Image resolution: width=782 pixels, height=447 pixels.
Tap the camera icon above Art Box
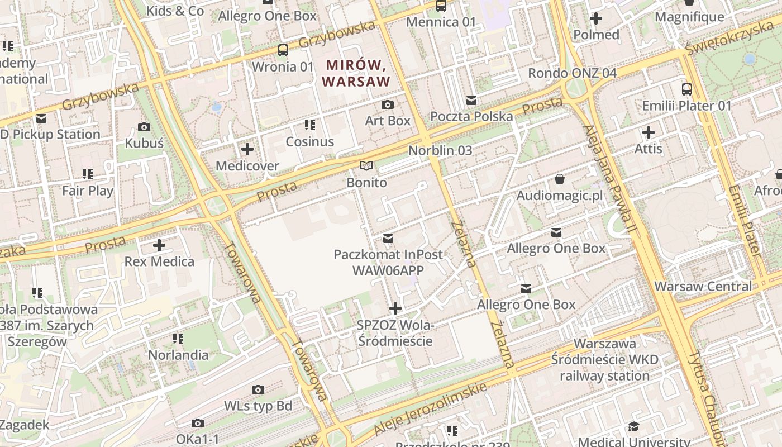pos(387,104)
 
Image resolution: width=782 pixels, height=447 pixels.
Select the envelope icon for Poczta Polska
pos(471,101)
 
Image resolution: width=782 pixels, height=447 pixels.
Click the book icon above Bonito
pos(366,166)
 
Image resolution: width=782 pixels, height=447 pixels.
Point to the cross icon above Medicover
pos(247,149)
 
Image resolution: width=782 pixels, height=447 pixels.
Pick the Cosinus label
pos(309,142)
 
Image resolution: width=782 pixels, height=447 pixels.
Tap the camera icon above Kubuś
pos(144,127)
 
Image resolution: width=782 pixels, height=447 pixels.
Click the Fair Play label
pos(88,191)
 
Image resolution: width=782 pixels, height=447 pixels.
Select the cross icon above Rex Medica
pos(159,245)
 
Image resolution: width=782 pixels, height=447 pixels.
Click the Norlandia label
pos(178,355)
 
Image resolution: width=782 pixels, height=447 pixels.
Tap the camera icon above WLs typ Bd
pos(258,389)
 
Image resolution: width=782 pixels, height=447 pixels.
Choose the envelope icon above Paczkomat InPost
pos(388,239)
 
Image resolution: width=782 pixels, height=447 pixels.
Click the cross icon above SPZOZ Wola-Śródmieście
pos(395,308)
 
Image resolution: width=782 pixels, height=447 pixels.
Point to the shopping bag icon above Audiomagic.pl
pos(559,179)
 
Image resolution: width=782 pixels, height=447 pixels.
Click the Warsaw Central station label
pos(703,287)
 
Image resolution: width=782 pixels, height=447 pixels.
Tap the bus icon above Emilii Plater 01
pos(686,89)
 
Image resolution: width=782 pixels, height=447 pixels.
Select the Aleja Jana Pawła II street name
pos(609,179)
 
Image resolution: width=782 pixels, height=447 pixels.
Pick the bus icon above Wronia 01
pos(283,50)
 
